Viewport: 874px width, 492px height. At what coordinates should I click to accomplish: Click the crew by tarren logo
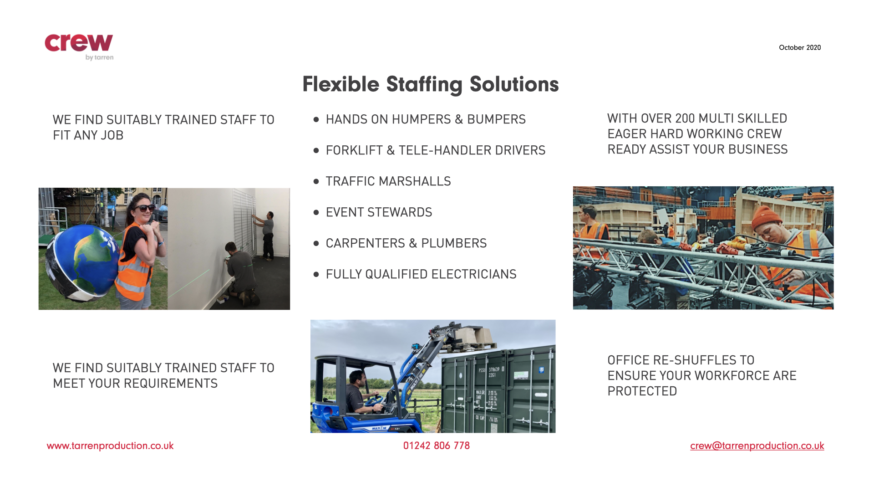point(79,47)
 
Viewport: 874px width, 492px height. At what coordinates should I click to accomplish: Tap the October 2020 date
point(800,47)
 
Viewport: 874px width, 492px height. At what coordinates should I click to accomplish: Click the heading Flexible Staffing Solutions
point(431,84)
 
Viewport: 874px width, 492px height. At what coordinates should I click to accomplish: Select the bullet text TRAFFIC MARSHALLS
point(388,181)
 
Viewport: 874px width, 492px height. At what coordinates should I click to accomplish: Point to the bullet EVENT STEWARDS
point(379,212)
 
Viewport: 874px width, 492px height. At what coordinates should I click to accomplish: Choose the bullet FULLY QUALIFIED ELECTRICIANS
point(421,274)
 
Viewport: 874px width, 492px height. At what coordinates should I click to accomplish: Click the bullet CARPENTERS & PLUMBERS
point(406,243)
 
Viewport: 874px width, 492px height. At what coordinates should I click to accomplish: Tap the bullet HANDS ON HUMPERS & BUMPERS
point(426,119)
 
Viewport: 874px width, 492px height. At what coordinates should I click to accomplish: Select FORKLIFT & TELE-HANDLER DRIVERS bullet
point(436,150)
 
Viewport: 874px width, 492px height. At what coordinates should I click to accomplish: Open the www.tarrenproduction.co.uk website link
point(110,446)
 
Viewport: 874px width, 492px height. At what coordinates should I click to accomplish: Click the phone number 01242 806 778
point(437,446)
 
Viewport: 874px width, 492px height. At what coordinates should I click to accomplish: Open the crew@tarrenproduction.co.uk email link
point(757,446)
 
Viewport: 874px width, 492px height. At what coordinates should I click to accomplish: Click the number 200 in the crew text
point(685,118)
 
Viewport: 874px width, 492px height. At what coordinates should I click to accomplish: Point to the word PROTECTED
point(642,391)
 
